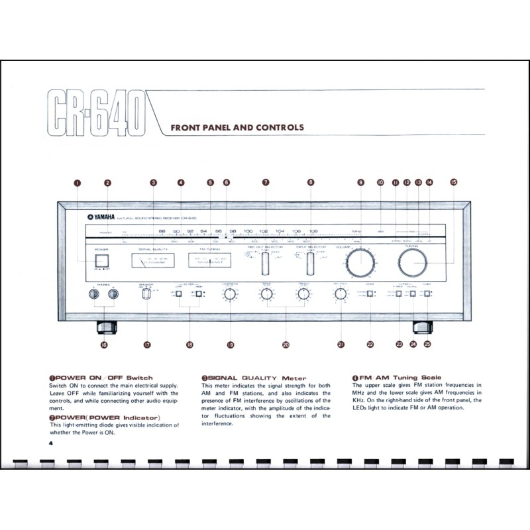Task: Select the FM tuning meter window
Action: coord(210,263)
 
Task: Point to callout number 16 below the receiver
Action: coord(104,344)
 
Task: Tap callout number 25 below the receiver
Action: coord(427,344)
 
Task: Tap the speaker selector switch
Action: coord(147,294)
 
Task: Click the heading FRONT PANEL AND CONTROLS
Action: coord(237,127)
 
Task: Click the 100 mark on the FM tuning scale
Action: coord(248,231)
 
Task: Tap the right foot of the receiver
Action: coord(423,326)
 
